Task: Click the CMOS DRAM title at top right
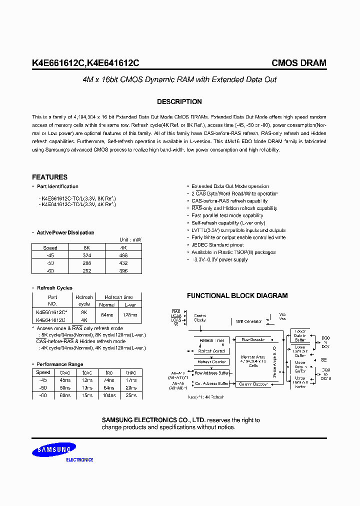click(298, 63)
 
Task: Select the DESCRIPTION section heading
click(179, 101)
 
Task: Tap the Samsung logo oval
click(54, 451)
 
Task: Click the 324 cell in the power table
click(86, 255)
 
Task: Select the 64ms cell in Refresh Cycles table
click(106, 315)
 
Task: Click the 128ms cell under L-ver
click(129, 315)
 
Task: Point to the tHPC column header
click(130, 372)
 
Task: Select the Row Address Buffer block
click(211, 373)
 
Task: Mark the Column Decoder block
click(253, 384)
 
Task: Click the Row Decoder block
click(253, 339)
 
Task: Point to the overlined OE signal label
click(324, 359)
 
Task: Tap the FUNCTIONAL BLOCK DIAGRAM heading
click(237, 295)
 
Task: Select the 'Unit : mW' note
click(130, 240)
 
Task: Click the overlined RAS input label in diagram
click(176, 311)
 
